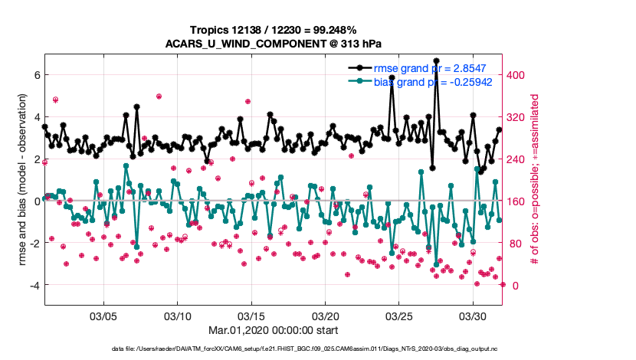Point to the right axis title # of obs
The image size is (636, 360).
[536, 180]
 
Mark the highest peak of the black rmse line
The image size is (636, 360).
[436, 61]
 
